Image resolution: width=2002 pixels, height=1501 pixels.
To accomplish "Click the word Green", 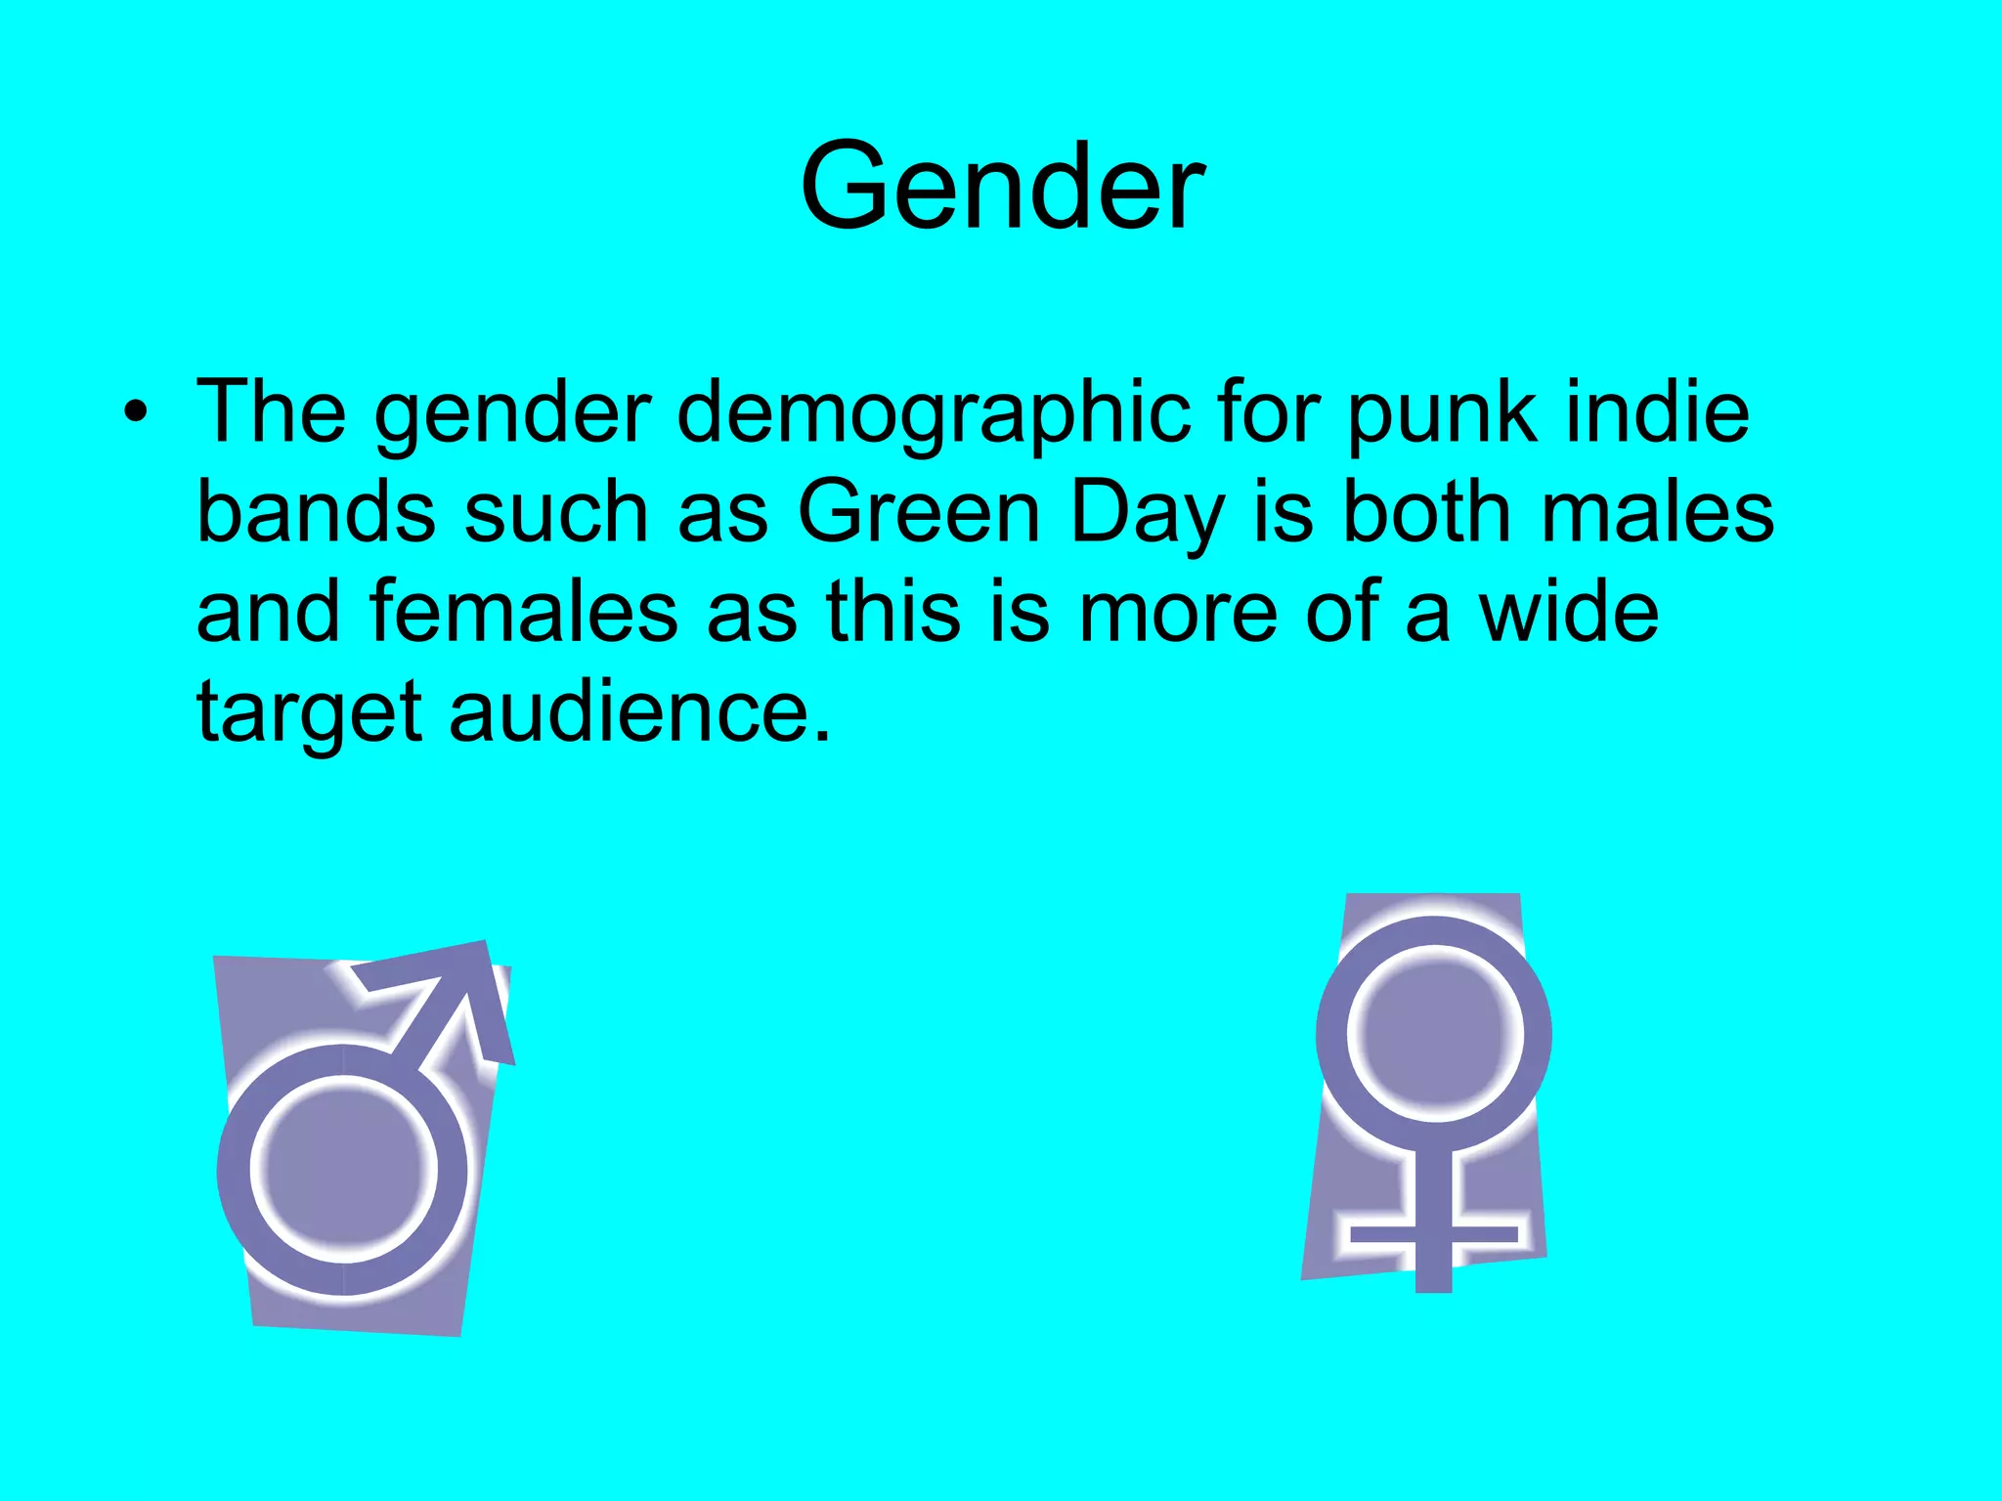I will click(x=919, y=513).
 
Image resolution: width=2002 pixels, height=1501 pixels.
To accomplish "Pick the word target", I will click(x=309, y=713).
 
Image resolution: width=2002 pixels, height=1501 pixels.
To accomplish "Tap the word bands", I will click(x=316, y=513).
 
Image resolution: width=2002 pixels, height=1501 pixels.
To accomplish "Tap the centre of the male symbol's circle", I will click(x=344, y=1170).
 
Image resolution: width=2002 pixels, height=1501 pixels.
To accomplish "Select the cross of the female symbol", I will click(x=1433, y=1233).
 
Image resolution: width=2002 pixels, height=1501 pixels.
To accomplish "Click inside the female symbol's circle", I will click(x=1434, y=1034).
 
